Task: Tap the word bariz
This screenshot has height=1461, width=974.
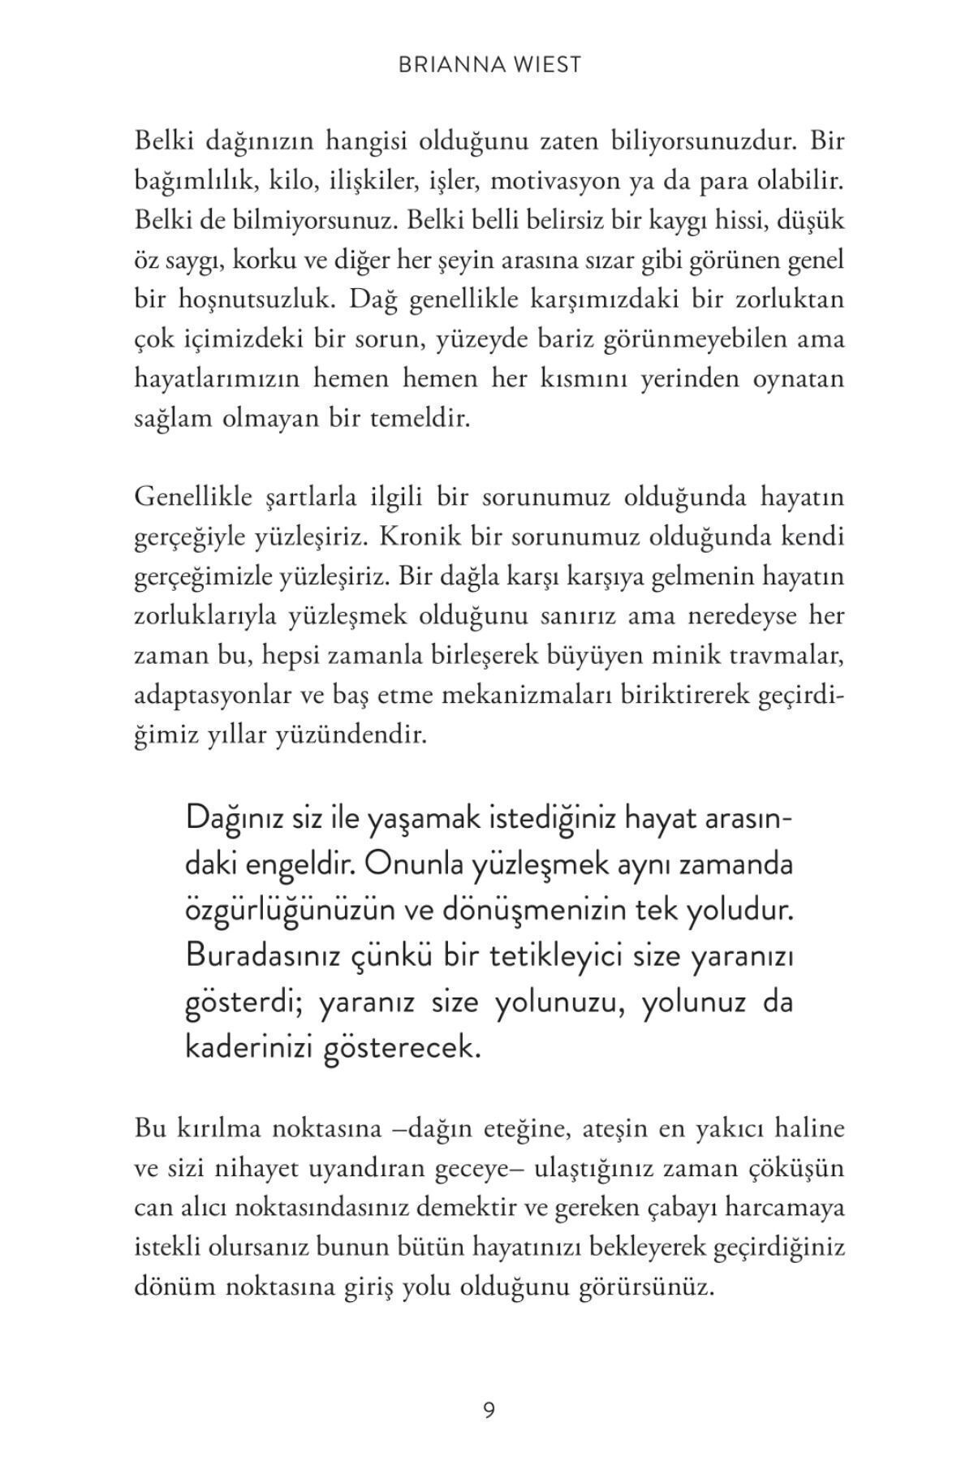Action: (565, 338)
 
